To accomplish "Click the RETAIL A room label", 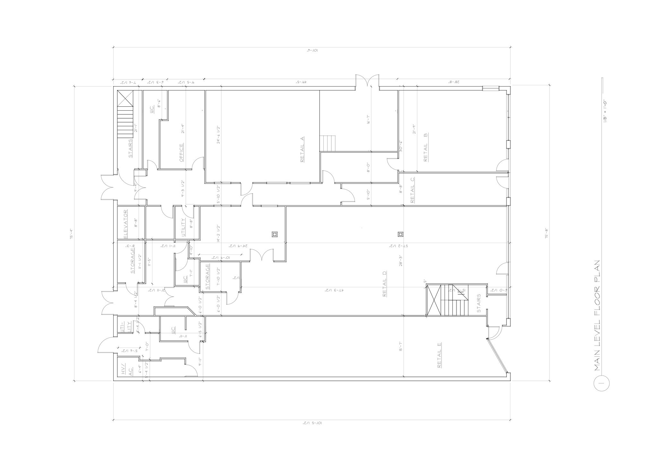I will tap(302, 149).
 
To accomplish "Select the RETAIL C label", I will tap(413, 190).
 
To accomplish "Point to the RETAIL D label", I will tap(385, 284).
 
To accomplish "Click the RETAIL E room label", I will tap(439, 355).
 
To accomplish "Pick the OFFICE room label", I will tap(181, 153).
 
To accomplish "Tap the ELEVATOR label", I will tap(126, 224).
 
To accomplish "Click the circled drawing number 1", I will tap(602, 383).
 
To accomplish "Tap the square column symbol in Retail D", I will tap(400, 234).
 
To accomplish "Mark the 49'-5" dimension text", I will tap(301, 82).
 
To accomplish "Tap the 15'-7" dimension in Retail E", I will tap(400, 346).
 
